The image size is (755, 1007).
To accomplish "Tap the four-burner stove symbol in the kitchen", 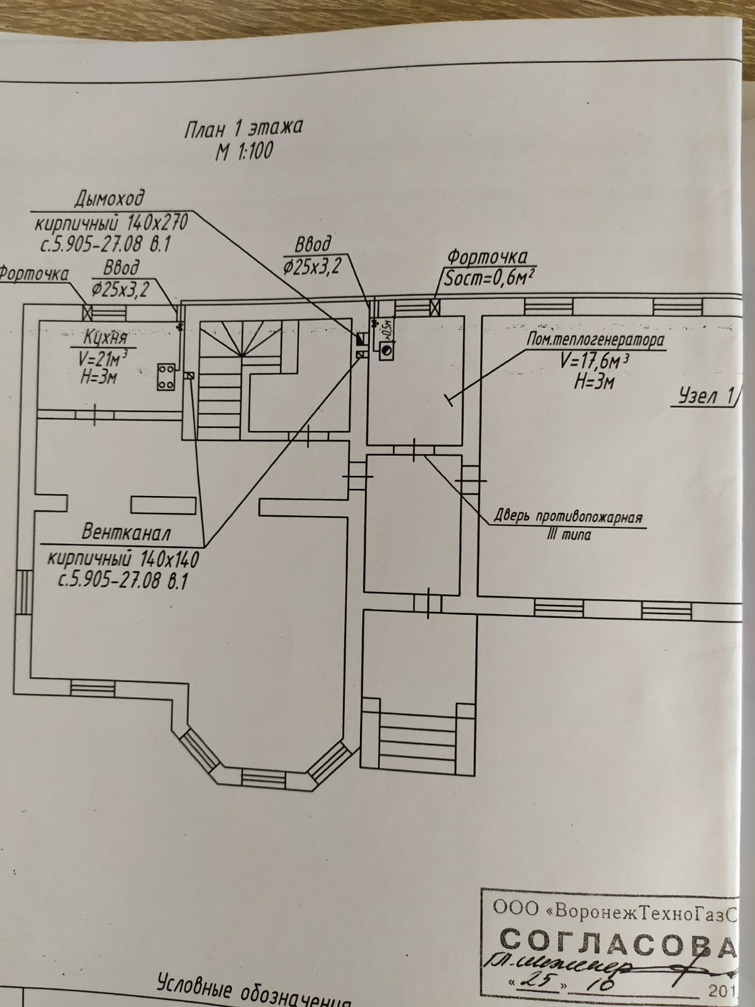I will tap(166, 376).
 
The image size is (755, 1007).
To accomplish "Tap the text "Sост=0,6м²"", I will tap(484, 278).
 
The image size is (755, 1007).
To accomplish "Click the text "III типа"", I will tap(569, 536).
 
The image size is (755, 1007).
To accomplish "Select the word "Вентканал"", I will tap(126, 533).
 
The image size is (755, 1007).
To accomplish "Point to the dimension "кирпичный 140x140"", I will tap(123, 558).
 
